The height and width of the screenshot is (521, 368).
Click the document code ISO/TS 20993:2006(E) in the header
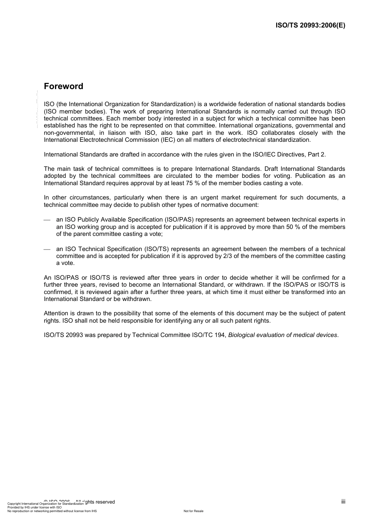tap(310, 26)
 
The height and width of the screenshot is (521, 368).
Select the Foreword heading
tap(64, 86)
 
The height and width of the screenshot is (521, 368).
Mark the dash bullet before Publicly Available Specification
tap(47, 220)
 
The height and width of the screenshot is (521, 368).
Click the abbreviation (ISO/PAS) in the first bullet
tap(179, 220)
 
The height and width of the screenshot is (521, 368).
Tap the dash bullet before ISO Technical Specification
tap(47, 249)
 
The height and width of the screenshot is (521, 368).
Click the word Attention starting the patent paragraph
tap(56, 313)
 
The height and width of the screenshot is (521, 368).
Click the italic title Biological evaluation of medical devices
tap(282, 335)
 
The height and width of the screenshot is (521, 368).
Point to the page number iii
tap(343, 502)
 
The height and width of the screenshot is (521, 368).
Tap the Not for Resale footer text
tap(193, 511)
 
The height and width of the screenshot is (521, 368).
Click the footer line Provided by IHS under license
tap(34, 507)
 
